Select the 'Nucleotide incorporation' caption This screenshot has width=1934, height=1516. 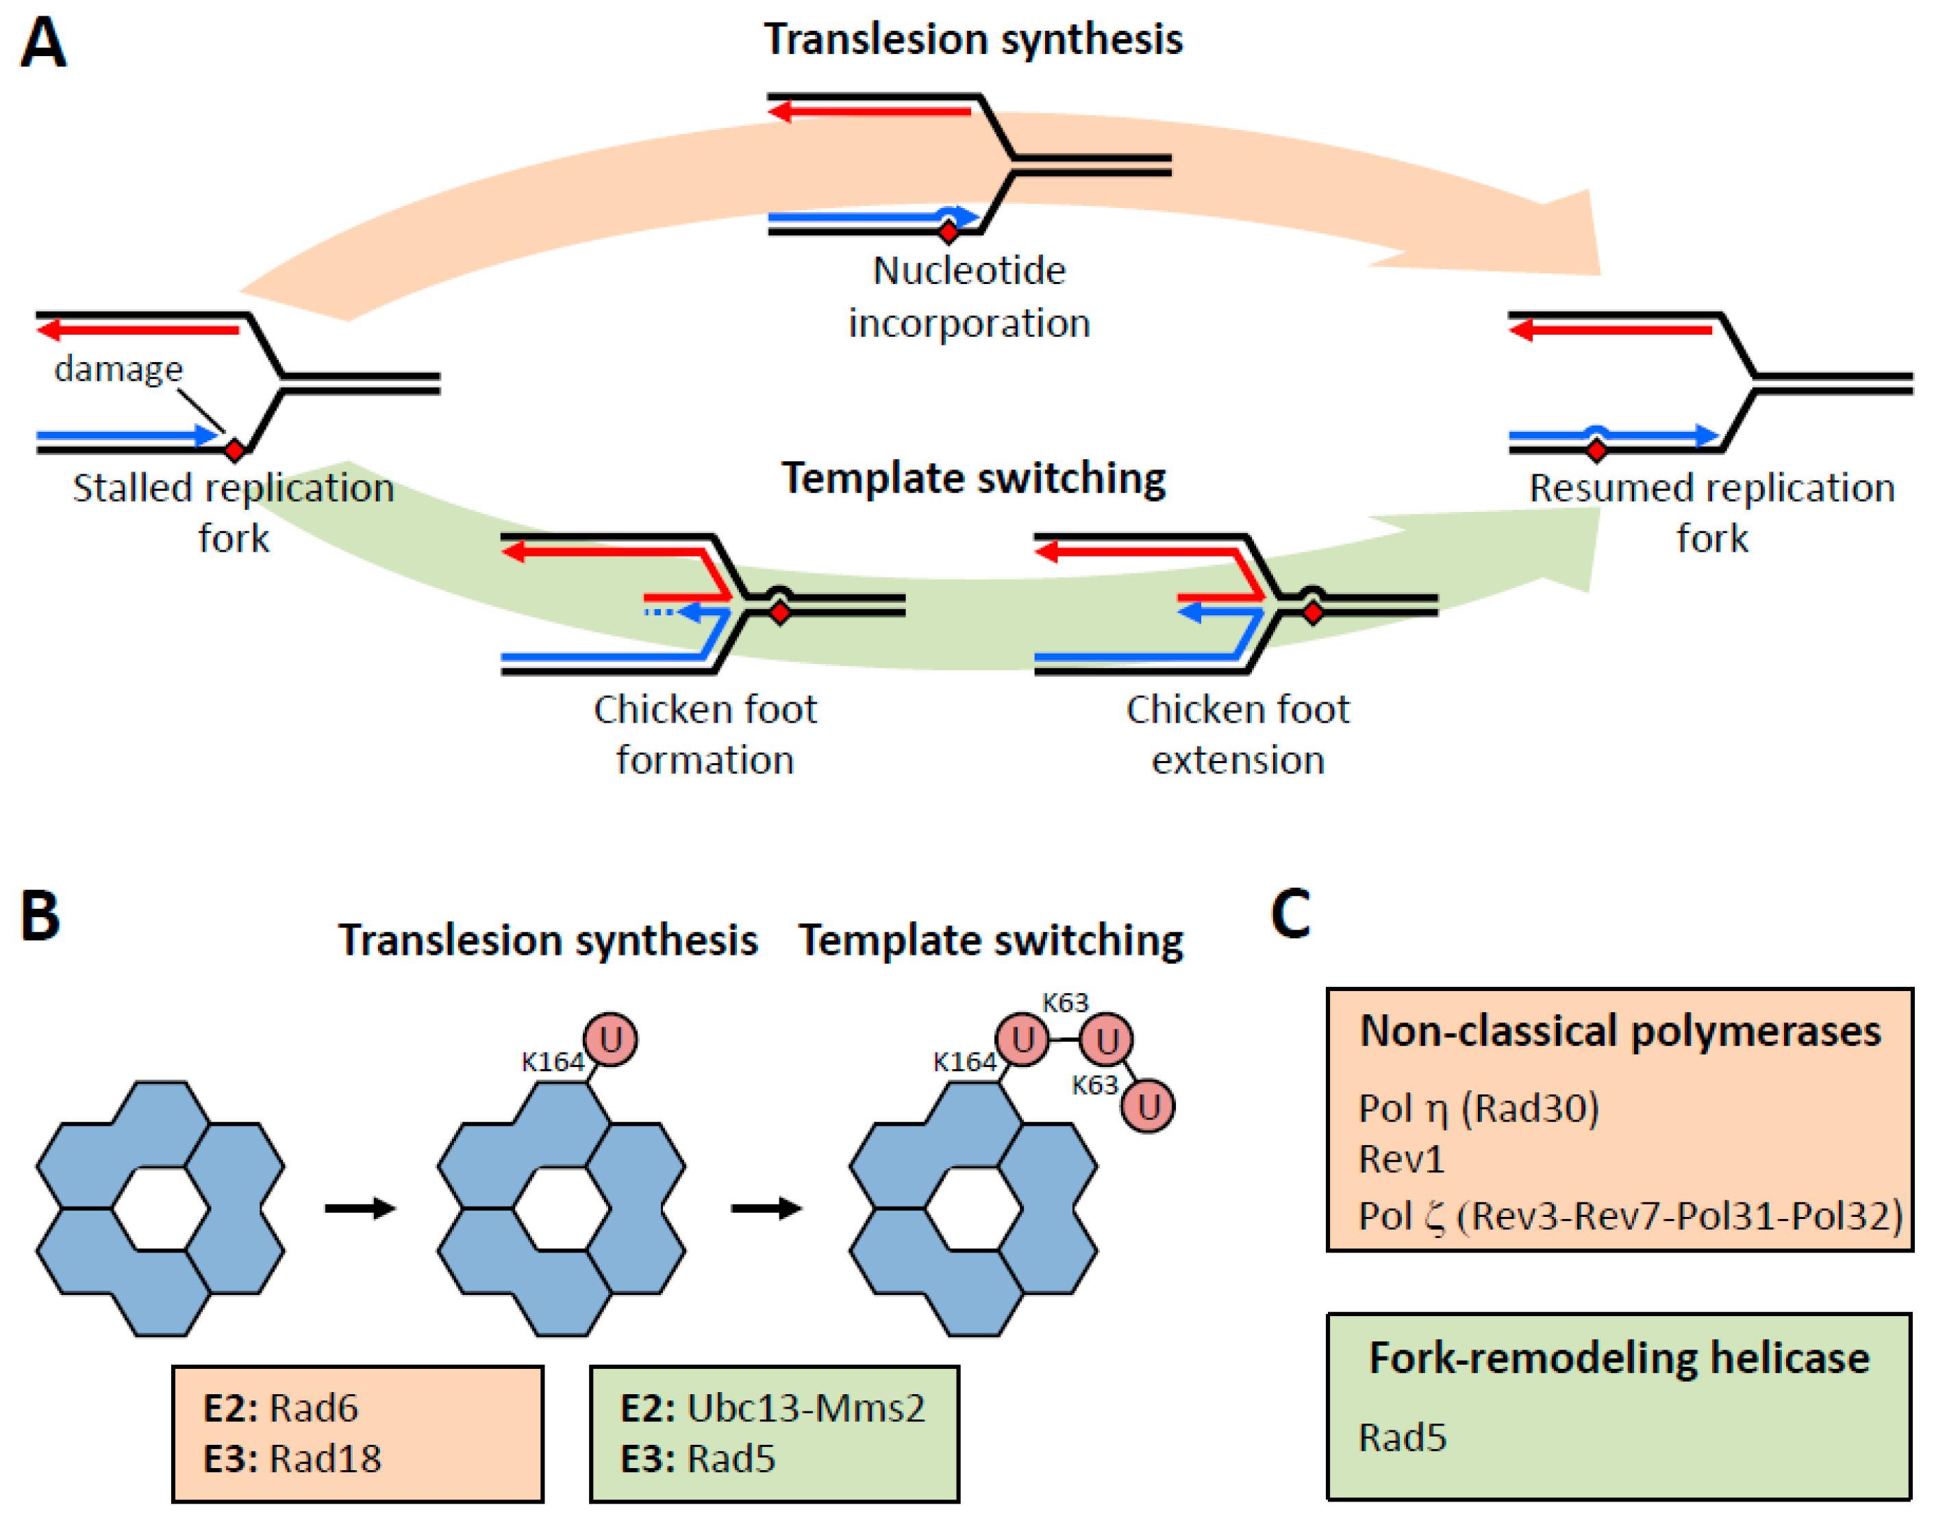tap(969, 296)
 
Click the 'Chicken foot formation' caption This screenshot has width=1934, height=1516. tap(705, 734)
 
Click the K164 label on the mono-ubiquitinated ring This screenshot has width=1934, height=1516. tap(552, 1062)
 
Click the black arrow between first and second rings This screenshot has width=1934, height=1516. tap(360, 1208)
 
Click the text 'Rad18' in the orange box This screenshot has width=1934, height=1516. tap(325, 1459)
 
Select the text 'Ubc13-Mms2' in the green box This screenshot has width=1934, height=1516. tap(806, 1408)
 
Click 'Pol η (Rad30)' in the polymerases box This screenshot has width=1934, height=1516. tap(1479, 1109)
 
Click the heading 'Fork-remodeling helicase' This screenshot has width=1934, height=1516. tap(1620, 1359)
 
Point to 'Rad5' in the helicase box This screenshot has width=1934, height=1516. tap(1402, 1438)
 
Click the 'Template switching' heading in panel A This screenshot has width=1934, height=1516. tap(973, 479)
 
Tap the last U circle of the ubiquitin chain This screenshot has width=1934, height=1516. tap(1148, 1106)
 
